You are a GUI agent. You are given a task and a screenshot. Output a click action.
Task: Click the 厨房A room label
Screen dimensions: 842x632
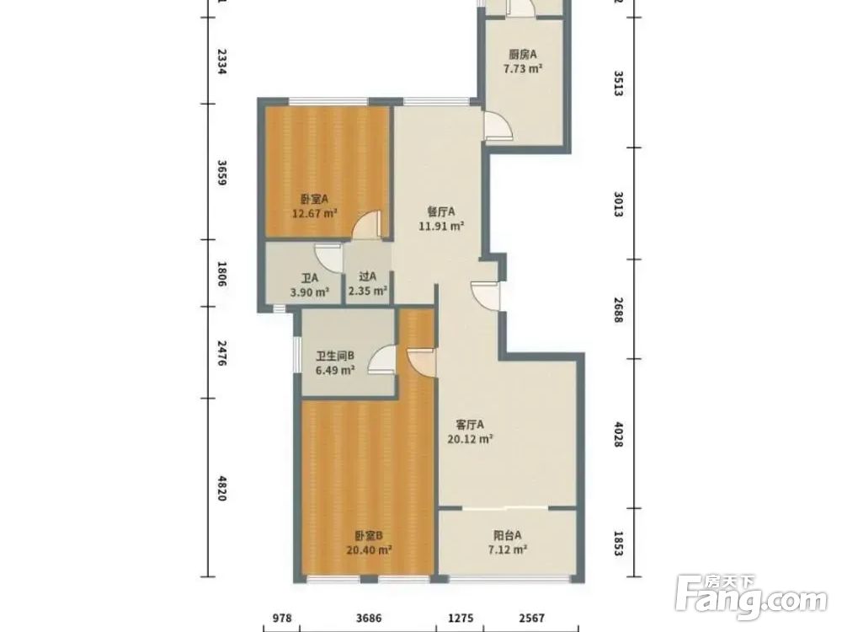click(x=523, y=54)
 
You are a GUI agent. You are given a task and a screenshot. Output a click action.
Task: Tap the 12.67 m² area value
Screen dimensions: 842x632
click(x=314, y=213)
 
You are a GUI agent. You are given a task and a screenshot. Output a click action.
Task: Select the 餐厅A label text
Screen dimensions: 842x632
click(x=441, y=212)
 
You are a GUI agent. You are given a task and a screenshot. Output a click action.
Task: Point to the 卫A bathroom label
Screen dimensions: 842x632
click(x=309, y=278)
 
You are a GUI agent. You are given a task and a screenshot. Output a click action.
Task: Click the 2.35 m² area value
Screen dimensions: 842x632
click(x=368, y=292)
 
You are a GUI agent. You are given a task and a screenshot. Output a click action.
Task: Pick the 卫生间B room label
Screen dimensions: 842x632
click(x=334, y=356)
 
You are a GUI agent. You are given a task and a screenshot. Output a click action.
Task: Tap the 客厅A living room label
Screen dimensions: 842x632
click(x=470, y=425)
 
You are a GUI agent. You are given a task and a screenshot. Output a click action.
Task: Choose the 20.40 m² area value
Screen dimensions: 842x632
click(x=369, y=549)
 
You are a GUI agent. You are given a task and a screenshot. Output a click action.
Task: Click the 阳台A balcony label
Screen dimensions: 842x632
click(x=508, y=535)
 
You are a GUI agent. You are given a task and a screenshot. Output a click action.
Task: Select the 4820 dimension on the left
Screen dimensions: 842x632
click(x=221, y=488)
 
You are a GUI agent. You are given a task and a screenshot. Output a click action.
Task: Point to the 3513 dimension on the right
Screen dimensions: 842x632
click(x=619, y=83)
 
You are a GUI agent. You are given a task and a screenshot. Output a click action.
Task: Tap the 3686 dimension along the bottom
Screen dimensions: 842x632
click(x=369, y=618)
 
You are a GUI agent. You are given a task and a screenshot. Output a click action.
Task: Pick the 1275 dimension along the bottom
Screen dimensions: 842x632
click(x=461, y=618)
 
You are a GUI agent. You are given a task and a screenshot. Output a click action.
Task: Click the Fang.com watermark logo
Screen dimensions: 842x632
click(x=751, y=597)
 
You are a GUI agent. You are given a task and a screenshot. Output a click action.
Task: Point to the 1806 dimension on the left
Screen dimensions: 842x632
click(x=221, y=274)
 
